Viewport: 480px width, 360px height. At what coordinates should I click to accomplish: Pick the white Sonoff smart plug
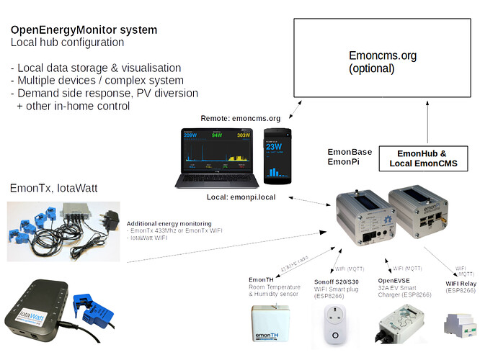click(332, 325)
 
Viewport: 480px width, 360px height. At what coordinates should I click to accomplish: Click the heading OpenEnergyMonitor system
click(84, 30)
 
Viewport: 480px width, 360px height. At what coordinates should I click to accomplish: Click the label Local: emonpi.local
click(231, 196)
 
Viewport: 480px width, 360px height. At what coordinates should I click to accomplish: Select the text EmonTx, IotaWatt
click(53, 189)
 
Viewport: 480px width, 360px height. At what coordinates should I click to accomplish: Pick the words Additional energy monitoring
click(169, 224)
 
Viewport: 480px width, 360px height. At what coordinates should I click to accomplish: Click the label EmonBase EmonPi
click(345, 158)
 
